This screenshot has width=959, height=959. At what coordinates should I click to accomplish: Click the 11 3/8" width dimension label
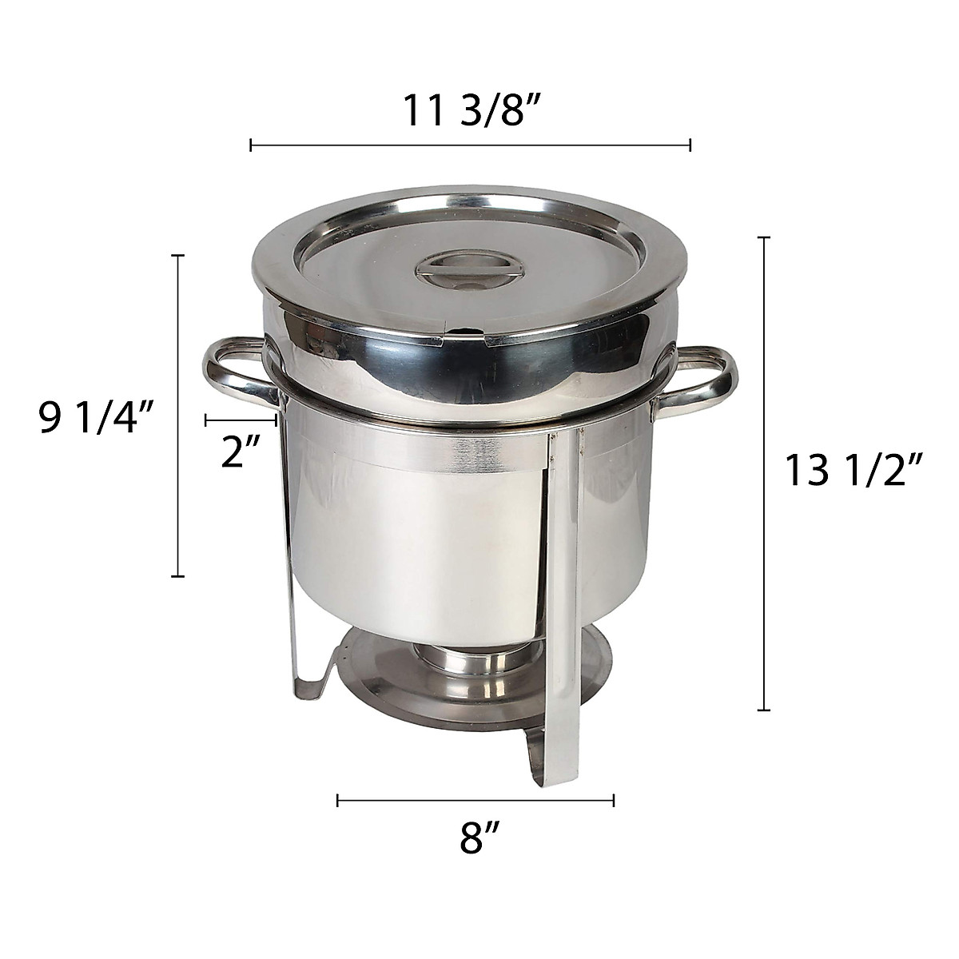coord(470,109)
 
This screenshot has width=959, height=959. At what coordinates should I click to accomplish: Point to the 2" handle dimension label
coord(241,452)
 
